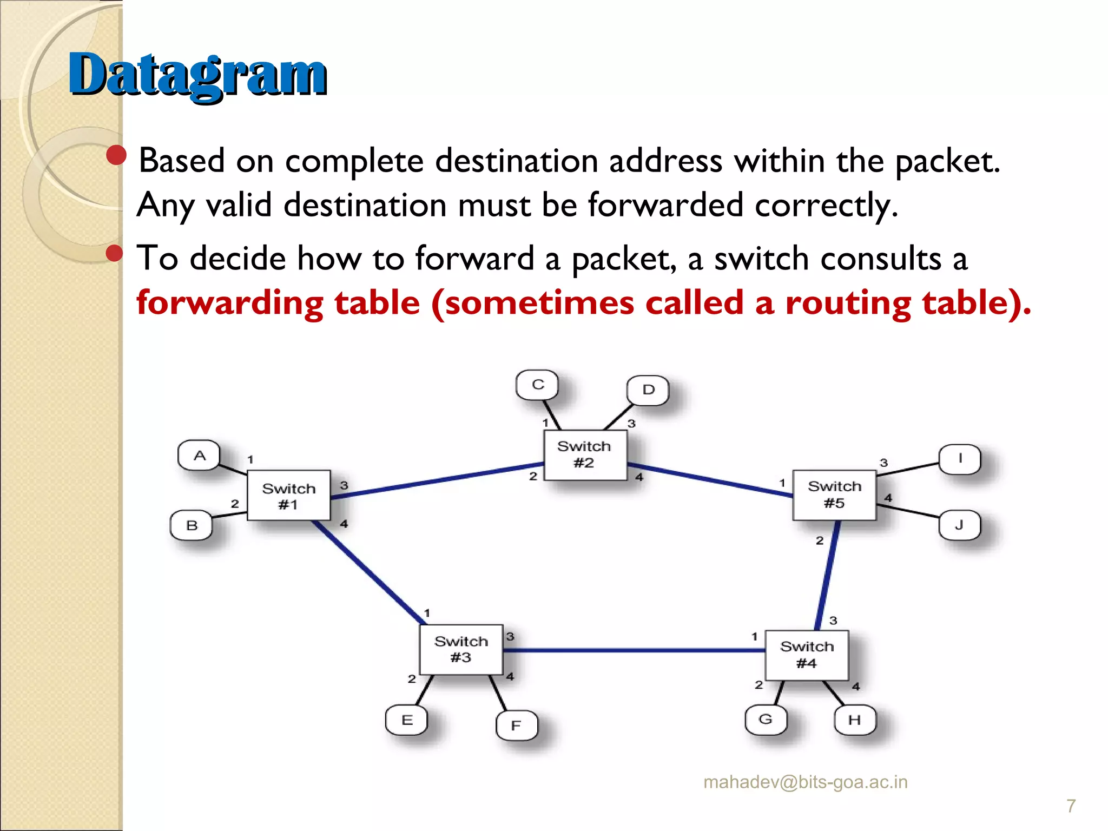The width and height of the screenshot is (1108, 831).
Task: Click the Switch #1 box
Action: pos(288,496)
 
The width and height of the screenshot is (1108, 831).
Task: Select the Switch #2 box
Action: pos(585,454)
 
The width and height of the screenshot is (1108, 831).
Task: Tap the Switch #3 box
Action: pos(461,649)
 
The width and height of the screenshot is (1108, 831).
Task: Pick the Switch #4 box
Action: pos(807,655)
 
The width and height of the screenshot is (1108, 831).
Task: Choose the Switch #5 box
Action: pos(834,494)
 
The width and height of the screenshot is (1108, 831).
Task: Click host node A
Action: pos(199,456)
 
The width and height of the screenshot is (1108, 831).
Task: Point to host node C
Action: pos(537,385)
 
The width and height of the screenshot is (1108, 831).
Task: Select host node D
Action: pos(648,390)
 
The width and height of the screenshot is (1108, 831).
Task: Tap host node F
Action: pos(517,725)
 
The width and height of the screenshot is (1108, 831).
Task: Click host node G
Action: pos(765,720)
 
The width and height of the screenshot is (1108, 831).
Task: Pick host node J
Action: pos(959,525)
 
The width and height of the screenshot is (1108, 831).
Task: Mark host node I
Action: pos(959,459)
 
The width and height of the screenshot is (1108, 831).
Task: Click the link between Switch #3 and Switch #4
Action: pos(633,650)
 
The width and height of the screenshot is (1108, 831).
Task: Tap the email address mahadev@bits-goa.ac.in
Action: pos(805,782)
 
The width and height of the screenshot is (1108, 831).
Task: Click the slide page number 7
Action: pos(1071,806)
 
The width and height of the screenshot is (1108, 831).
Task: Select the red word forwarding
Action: pos(230,303)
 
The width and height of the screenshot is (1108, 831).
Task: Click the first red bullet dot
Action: pos(116,155)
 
